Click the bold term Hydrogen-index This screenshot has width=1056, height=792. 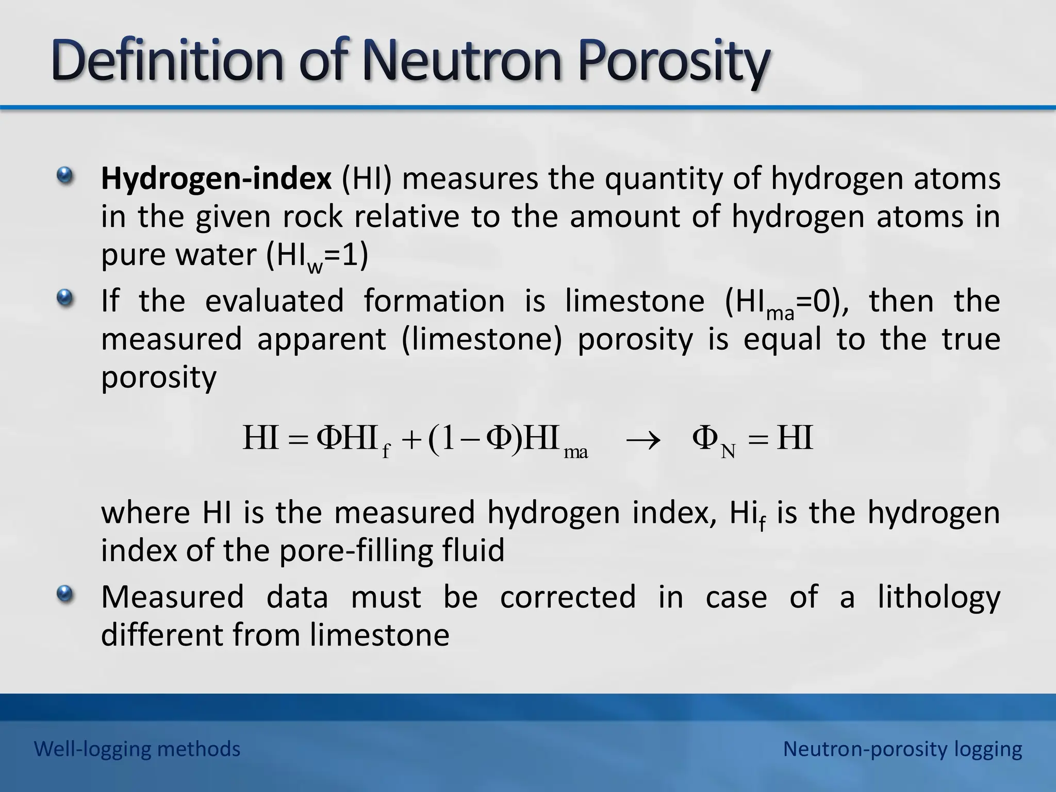click(216, 179)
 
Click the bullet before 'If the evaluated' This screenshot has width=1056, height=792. click(65, 298)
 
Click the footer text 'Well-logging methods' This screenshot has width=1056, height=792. click(137, 749)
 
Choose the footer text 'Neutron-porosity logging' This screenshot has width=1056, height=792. click(902, 749)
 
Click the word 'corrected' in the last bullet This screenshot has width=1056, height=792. click(568, 597)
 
